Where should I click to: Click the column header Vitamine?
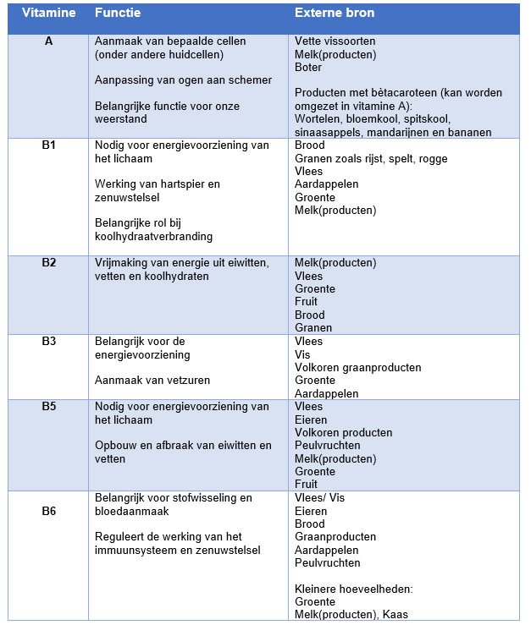pos(48,14)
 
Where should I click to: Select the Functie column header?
pos(119,14)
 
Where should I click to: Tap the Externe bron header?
pos(335,14)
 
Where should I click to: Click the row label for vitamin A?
pos(48,41)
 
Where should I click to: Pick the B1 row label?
pos(48,145)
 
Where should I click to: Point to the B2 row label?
pos(48,263)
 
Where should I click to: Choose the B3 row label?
pos(48,342)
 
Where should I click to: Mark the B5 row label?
pos(48,407)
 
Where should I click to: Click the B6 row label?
pos(48,512)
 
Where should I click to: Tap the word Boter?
pos(308,67)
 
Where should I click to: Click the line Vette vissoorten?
pos(335,41)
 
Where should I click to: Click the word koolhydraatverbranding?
pos(154,237)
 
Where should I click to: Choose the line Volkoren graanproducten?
pos(357,368)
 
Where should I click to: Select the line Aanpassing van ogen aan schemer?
pos(184,79)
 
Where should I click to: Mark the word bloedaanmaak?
pos(133,512)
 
